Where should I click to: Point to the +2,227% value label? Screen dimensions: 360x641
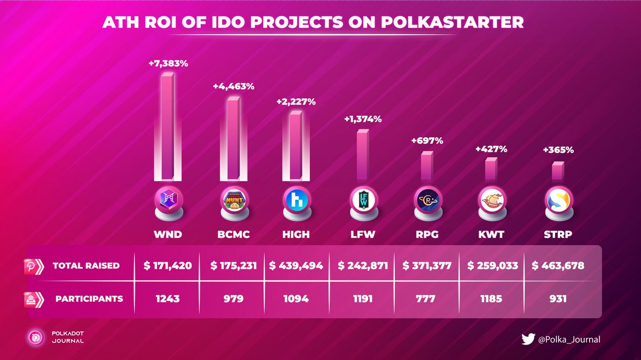pos(294,100)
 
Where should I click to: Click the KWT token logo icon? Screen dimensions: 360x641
pos(490,201)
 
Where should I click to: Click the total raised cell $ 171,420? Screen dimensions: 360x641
pos(167,265)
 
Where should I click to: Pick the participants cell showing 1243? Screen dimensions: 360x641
pos(167,299)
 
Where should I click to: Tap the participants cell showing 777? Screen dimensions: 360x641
pos(426,299)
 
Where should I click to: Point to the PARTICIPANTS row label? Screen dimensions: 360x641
pos(89,299)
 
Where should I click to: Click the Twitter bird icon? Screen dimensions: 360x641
pos(527,339)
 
